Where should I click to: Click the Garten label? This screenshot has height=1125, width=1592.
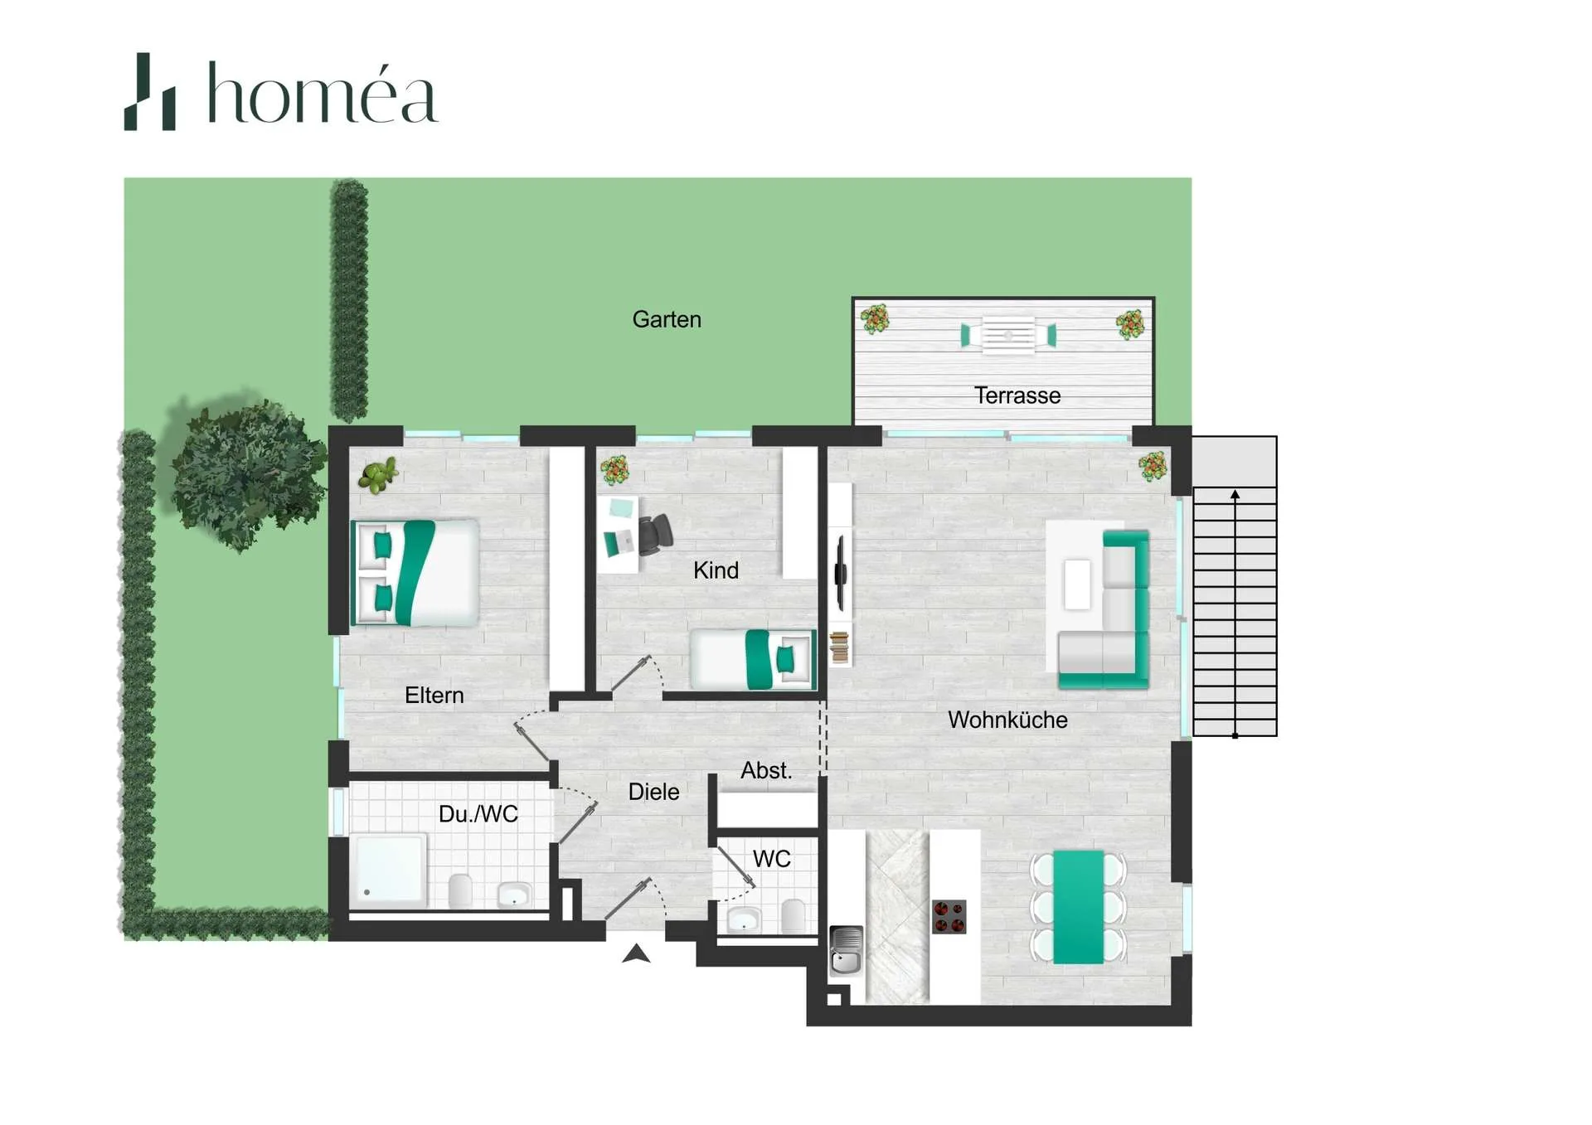[x=667, y=320]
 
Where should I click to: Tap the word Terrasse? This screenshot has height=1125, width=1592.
[x=1017, y=395]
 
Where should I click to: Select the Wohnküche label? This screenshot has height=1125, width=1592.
[x=1007, y=720]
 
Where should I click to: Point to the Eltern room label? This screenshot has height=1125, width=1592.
[x=434, y=696]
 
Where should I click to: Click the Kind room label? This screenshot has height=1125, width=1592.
[x=716, y=570]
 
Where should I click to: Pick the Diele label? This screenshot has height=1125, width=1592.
[x=653, y=792]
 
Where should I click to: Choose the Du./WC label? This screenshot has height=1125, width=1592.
[x=478, y=814]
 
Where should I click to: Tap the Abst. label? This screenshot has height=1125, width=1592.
[x=766, y=770]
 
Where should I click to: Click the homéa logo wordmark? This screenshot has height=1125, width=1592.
[x=322, y=94]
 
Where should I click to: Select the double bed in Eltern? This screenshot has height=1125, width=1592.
[x=415, y=573]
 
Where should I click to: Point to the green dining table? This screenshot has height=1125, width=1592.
[x=1078, y=907]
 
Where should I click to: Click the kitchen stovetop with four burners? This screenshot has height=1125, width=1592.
[x=949, y=917]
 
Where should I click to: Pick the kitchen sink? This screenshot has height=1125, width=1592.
[x=846, y=950]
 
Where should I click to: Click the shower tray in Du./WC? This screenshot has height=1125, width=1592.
[x=389, y=870]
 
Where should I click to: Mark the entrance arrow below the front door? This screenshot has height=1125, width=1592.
[x=636, y=953]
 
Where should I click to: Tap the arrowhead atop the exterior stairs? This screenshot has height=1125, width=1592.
[x=1235, y=494]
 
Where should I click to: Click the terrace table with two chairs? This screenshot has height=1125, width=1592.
[x=1008, y=336]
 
